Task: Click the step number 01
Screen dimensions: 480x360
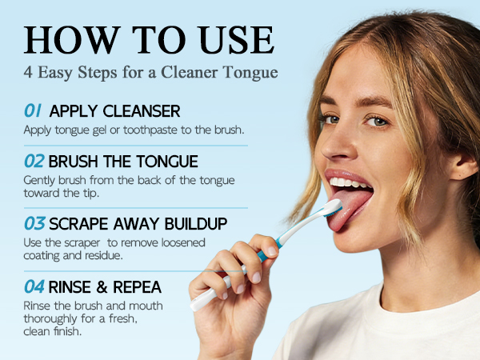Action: (33, 110)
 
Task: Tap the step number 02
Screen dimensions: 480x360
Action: (34, 161)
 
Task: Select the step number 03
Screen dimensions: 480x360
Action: (34, 223)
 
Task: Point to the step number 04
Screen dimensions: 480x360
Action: (34, 286)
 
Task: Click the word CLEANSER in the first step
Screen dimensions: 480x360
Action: (142, 111)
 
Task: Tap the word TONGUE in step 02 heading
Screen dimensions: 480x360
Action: (167, 162)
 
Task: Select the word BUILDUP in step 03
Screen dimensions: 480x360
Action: (196, 224)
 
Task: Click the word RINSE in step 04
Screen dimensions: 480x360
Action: (70, 287)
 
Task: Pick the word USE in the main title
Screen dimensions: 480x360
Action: (235, 40)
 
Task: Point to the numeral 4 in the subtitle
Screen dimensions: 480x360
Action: (28, 73)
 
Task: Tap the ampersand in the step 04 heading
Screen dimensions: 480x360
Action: (102, 287)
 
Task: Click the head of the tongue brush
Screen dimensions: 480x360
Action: (333, 207)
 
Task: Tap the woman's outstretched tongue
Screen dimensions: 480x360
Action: (349, 208)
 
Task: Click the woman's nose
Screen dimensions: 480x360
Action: (337, 144)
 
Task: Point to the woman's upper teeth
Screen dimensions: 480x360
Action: (349, 182)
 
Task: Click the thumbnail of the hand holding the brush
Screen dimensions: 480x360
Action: (272, 251)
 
